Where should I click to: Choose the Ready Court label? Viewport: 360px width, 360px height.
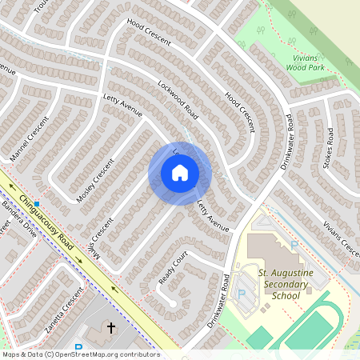173,268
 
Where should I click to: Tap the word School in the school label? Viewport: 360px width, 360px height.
286,296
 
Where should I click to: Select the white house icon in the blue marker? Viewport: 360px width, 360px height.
180,173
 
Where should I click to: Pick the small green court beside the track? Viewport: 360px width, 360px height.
258,337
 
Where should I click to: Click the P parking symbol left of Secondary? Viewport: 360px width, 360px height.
241,294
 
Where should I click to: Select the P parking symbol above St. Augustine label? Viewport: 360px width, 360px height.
295,244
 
